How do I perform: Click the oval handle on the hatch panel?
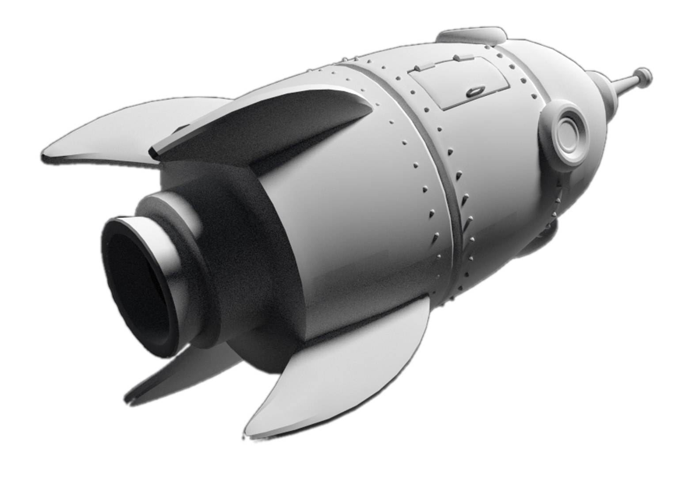[474, 91]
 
